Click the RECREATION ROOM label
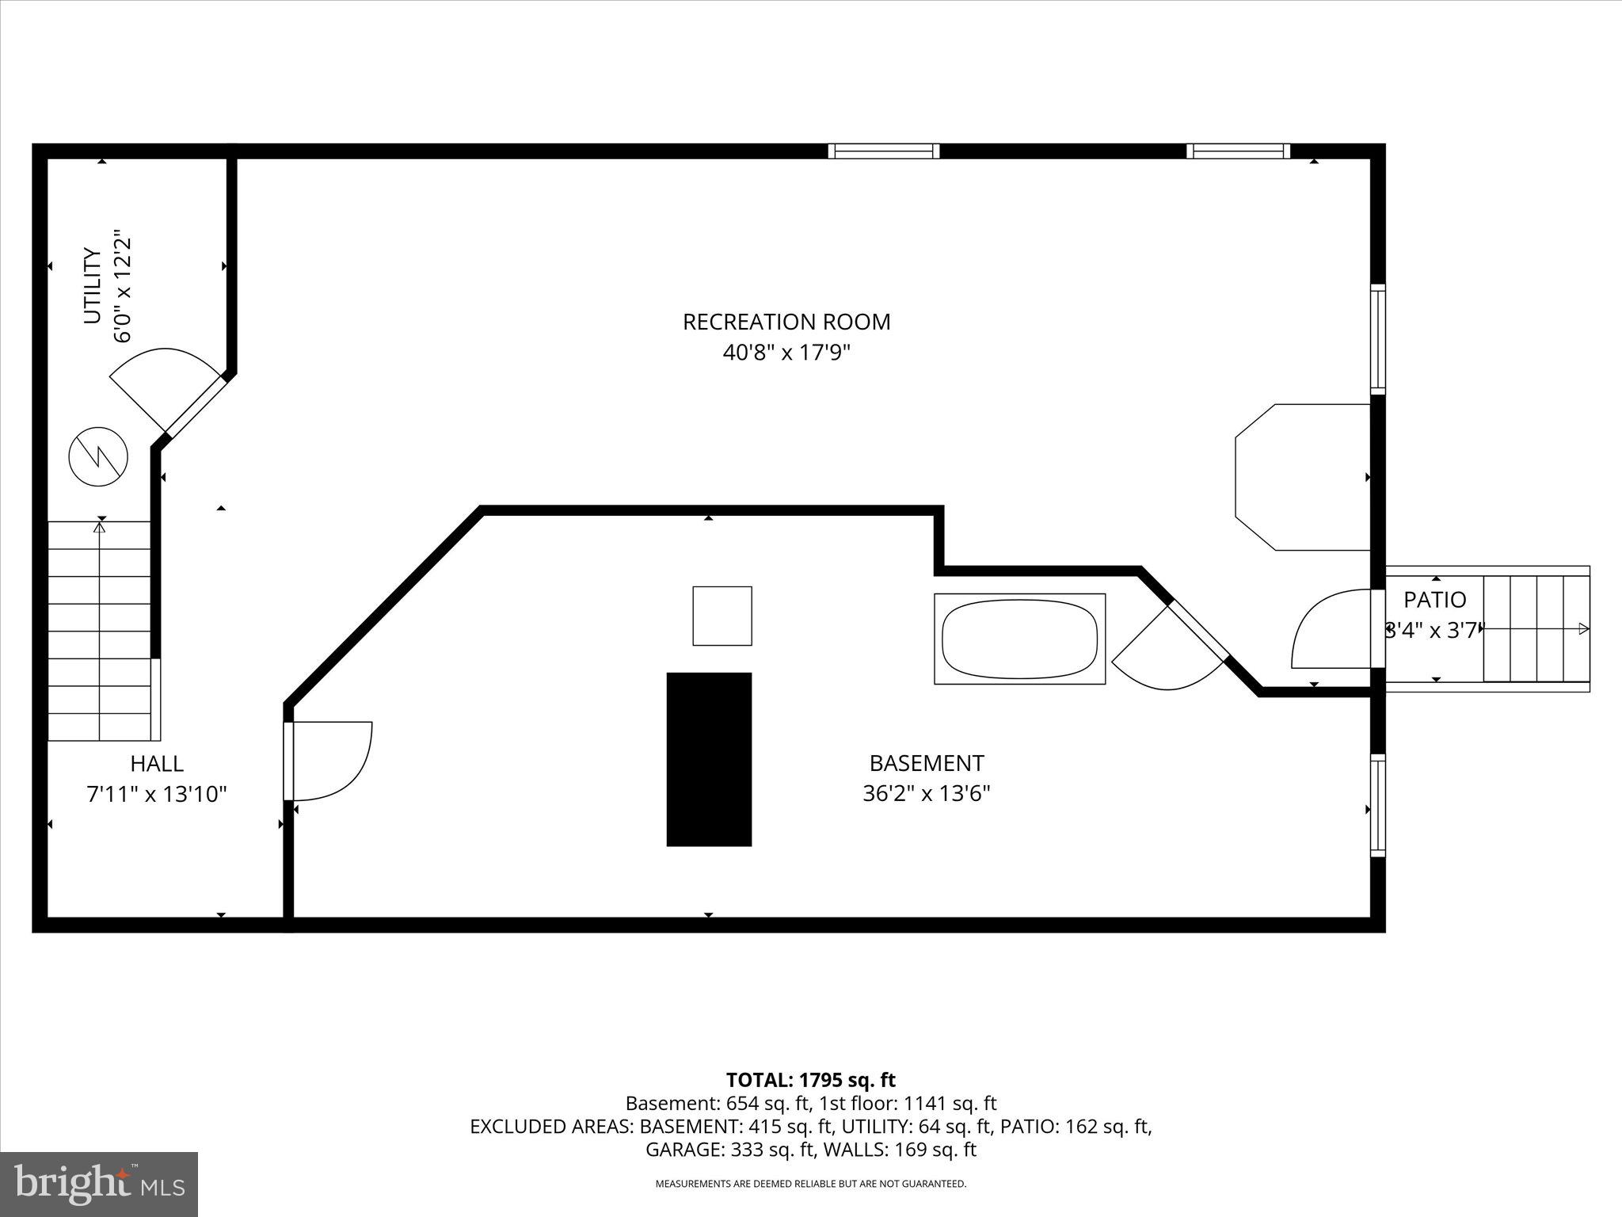(786, 322)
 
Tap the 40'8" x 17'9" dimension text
(786, 352)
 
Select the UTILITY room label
(93, 286)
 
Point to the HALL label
(157, 764)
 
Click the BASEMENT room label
(926, 763)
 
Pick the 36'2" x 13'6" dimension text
(926, 793)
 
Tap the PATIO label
(1434, 600)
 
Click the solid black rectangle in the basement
(709, 759)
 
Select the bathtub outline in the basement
(1019, 639)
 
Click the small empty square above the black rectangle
(722, 616)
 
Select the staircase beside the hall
(100, 630)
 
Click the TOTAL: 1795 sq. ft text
(810, 1080)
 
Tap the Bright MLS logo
(99, 1184)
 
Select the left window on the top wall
(883, 151)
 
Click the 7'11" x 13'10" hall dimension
(157, 794)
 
